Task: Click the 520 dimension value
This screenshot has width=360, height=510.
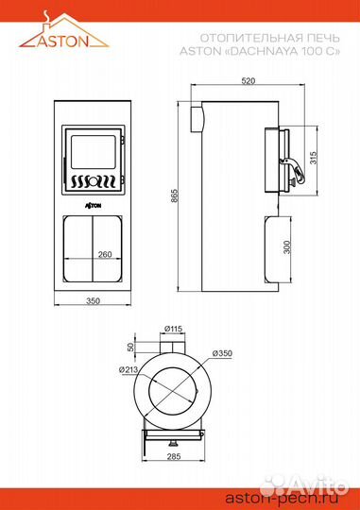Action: coord(248,80)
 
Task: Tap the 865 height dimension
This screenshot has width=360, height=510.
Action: coord(175,196)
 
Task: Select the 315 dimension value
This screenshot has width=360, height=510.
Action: coord(313,158)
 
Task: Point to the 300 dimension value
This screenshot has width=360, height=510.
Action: coord(286,247)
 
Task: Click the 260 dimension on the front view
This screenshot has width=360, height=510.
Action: coord(105,254)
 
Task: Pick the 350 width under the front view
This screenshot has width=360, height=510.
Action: coord(93,301)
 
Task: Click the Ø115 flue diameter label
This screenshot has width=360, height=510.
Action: coord(173,329)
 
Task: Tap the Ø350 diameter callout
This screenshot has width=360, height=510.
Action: coord(222,353)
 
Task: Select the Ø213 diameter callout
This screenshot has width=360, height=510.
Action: coord(129,369)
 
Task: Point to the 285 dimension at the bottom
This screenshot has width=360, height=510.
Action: coord(174,457)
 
